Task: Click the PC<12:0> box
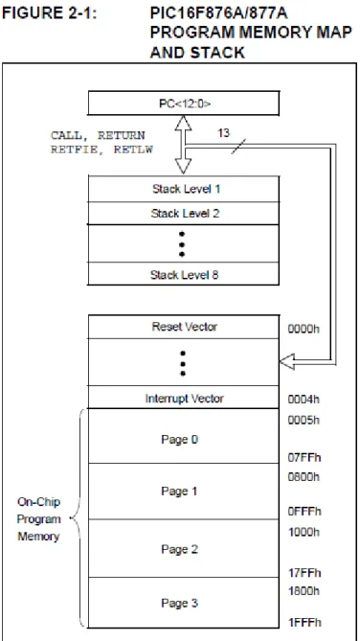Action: pos(184,103)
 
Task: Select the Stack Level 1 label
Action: pos(186,189)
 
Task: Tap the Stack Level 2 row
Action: pos(184,213)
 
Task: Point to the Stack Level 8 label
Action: pos(184,275)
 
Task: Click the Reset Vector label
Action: pos(184,327)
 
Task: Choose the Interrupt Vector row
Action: pos(184,398)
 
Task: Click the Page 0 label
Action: pos(179,440)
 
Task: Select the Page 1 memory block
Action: pos(184,492)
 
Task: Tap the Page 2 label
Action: pos(179,549)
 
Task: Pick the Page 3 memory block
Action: pos(184,603)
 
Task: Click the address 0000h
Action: pos(304,329)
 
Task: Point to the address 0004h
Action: pos(304,400)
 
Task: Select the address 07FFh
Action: pos(304,457)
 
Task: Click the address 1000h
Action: pos(304,532)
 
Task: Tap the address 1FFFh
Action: pos(304,623)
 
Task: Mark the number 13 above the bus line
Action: pos(223,133)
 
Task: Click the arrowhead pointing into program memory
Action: pos(287,362)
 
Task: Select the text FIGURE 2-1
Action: pos(50,13)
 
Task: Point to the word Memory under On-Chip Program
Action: pos(38,537)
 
